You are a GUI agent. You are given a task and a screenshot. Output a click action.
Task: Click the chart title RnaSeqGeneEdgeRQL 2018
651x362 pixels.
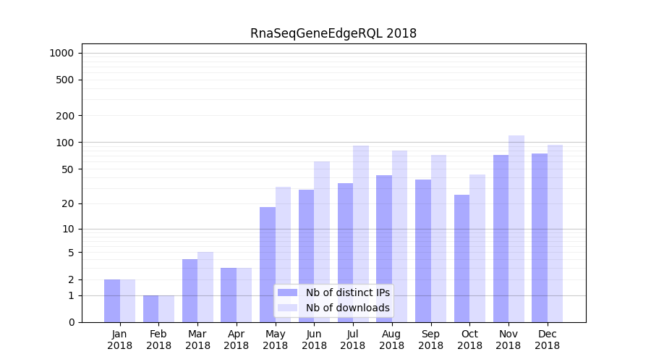(x=333, y=33)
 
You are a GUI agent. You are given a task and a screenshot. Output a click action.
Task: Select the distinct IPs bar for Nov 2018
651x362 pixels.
(x=501, y=238)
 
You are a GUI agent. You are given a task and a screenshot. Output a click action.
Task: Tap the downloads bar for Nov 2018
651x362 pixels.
(x=516, y=229)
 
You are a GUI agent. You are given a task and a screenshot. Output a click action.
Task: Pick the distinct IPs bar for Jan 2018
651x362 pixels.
(x=112, y=300)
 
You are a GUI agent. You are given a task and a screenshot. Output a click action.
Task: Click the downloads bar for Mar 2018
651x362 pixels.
(x=205, y=287)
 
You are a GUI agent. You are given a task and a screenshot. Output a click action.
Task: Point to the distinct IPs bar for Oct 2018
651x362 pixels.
(x=461, y=258)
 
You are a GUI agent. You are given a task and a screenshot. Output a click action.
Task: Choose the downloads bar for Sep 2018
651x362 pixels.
(x=438, y=238)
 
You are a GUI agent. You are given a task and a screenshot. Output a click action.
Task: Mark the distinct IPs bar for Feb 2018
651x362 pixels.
(x=151, y=308)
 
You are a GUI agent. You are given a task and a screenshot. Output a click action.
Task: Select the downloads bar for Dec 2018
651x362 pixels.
(x=555, y=233)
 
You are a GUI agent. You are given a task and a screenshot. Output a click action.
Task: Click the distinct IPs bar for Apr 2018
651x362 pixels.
(x=229, y=295)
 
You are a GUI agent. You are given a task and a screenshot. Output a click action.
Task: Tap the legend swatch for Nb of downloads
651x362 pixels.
(x=287, y=308)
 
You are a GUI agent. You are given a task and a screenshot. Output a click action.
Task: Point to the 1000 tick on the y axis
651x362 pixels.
(x=61, y=53)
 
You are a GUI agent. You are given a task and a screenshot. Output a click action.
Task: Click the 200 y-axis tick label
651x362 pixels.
(x=64, y=116)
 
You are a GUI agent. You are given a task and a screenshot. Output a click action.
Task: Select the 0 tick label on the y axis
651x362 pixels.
(x=71, y=322)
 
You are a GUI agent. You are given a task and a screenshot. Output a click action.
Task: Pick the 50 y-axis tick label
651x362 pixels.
(x=67, y=169)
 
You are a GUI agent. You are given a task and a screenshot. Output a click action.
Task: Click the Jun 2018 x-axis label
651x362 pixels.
(x=314, y=340)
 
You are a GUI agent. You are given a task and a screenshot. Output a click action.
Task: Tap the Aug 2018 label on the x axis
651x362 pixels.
(x=391, y=340)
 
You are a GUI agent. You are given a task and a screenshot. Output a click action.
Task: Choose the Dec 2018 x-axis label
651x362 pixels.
(x=547, y=340)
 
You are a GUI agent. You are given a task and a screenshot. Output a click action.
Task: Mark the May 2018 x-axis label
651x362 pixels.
(x=275, y=340)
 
